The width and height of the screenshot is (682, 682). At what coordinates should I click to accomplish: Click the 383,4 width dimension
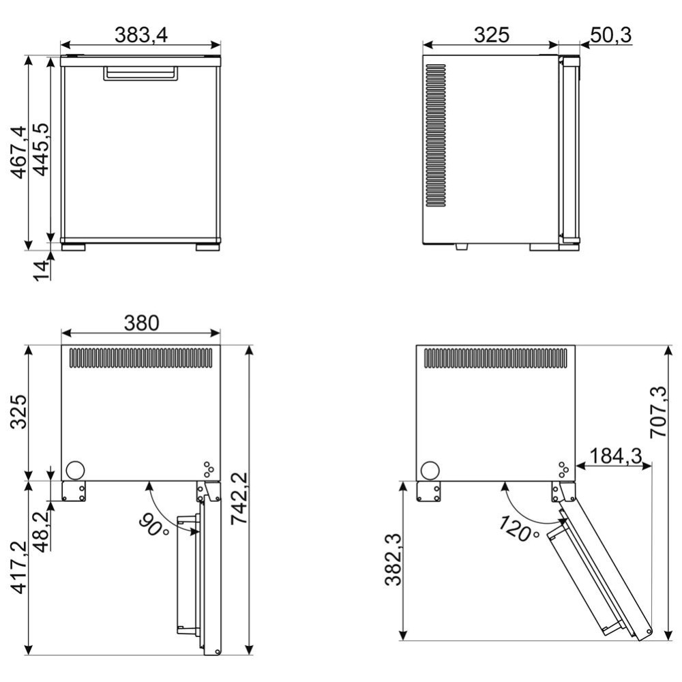pos(141,35)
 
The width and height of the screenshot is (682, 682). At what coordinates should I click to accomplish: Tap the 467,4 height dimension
pos(18,152)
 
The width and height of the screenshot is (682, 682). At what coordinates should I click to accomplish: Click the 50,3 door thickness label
pos(610,35)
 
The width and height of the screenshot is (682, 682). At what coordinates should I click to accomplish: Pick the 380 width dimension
pos(141,323)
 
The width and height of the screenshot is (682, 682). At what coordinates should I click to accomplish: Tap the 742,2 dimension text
pos(239,498)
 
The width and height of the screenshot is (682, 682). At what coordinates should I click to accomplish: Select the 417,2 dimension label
pos(18,567)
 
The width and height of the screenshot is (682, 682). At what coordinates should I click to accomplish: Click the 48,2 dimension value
pos(42,531)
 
